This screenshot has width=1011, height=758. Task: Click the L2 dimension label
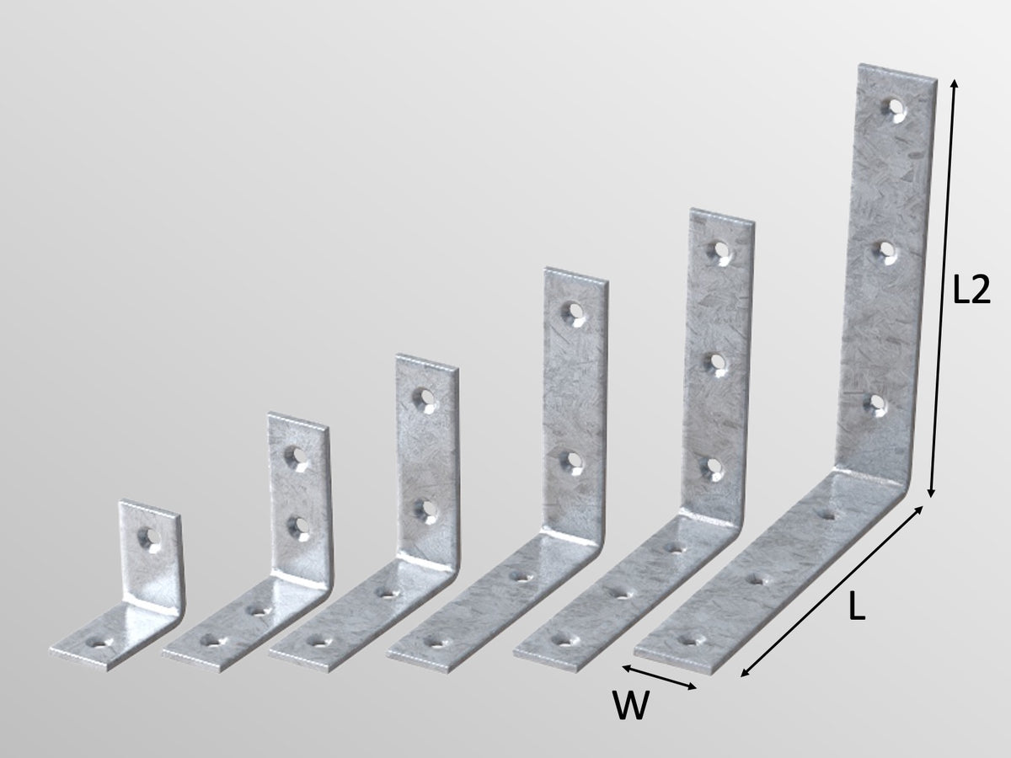[970, 291]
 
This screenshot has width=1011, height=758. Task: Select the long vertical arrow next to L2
[943, 286]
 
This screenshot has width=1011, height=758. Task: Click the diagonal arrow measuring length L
[832, 590]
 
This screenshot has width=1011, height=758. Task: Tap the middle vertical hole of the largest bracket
[885, 251]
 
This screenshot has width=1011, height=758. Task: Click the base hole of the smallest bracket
[103, 643]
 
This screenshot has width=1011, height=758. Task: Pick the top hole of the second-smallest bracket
[297, 456]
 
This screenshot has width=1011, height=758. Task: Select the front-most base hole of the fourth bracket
[436, 641]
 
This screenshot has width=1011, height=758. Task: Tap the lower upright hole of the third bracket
[425, 508]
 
